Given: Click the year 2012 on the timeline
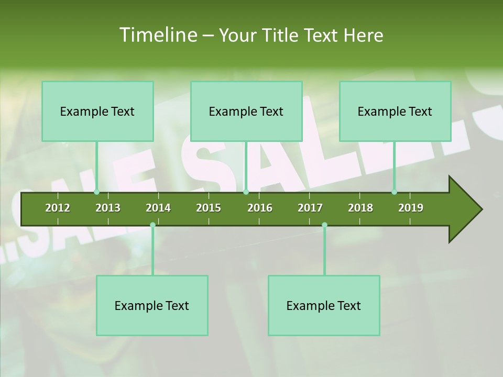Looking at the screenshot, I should click(58, 208).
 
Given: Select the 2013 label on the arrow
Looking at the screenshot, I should click(108, 208).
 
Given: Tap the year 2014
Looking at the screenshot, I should click(158, 208).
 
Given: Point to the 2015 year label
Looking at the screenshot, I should click(209, 208).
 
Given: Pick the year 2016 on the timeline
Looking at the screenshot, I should click(260, 208).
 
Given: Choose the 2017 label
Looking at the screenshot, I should click(310, 208).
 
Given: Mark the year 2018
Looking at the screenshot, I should click(360, 208).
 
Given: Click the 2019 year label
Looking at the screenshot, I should click(411, 208).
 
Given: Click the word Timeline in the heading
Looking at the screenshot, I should click(157, 35).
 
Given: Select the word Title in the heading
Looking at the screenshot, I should click(281, 35).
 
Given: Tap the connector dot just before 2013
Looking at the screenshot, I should click(96, 192).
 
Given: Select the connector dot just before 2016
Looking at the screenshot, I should click(246, 192).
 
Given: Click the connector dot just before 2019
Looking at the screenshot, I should click(394, 192).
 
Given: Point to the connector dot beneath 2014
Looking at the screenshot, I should click(152, 225).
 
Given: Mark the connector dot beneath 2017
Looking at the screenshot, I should click(324, 225).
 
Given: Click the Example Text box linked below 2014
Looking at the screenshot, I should click(152, 305).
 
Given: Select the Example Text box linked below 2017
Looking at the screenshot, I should click(324, 305).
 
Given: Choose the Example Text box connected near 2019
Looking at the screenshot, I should click(395, 111).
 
